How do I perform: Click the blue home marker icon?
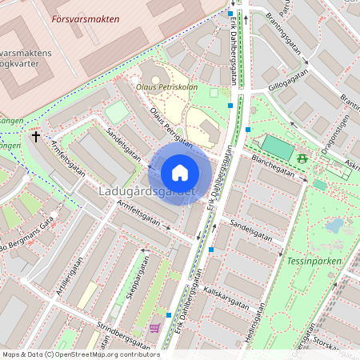[x=180, y=173]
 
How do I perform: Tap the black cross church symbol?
[x=36, y=138]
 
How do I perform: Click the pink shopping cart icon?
[x=154, y=328]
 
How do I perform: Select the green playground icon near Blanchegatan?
[x=302, y=158]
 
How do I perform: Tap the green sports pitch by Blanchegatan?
[x=278, y=147]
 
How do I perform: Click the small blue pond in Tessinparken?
[x=334, y=226]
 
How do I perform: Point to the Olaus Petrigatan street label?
[x=172, y=128]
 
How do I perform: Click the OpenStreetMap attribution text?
[x=81, y=354]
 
